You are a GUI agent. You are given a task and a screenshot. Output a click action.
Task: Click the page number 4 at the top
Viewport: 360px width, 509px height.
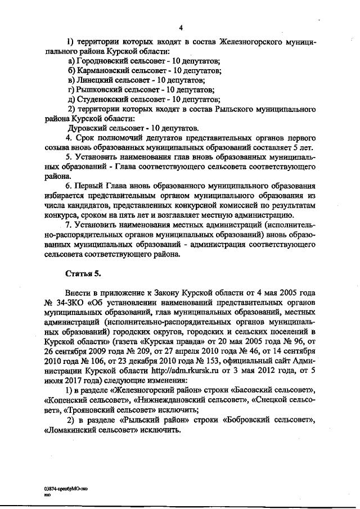pyautogui.click(x=181, y=29)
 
